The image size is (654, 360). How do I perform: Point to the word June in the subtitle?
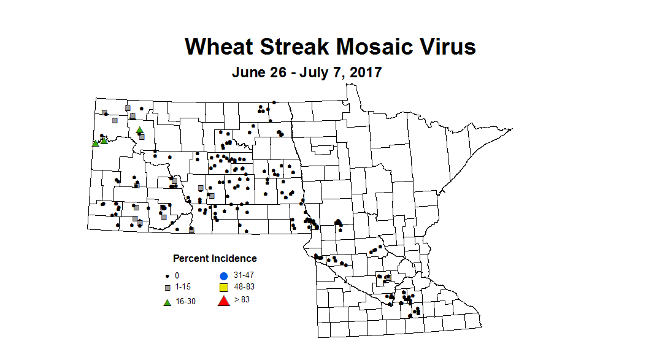(x=248, y=72)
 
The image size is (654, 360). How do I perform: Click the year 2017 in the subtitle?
(x=364, y=72)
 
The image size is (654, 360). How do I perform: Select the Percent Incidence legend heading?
(x=215, y=258)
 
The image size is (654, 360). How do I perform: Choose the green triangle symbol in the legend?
(x=167, y=301)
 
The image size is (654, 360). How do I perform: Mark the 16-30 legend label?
(x=186, y=301)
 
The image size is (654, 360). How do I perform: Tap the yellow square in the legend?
(x=224, y=288)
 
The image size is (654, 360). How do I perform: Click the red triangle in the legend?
(x=224, y=300)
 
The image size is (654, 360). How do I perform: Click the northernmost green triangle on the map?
(x=140, y=129)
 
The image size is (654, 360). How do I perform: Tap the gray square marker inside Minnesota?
(x=388, y=277)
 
